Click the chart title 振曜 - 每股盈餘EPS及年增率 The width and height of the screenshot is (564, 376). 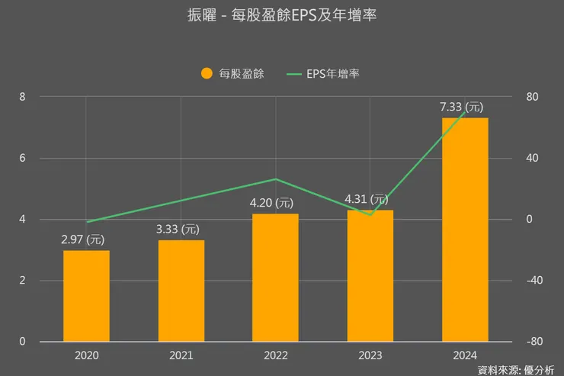pos(281,14)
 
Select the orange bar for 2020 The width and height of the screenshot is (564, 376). pos(86,296)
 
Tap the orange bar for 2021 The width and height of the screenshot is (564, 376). pos(181,291)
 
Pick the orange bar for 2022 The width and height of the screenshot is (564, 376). pos(276,278)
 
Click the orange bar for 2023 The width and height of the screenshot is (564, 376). pos(370,276)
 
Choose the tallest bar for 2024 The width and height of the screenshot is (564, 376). pos(465,230)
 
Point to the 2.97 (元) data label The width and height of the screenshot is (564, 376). pos(83,239)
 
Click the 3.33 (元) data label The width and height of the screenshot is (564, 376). pos(178,229)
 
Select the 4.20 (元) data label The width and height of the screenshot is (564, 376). pos(272,203)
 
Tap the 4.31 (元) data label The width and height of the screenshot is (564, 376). pos(367,199)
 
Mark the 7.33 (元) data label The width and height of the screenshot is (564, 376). pos(461,107)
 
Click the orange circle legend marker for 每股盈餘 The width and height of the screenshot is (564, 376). pos(206,74)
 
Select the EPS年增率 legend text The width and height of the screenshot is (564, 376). pos(333,74)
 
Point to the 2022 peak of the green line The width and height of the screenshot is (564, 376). pos(276,179)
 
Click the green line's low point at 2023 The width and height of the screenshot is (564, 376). pos(370,215)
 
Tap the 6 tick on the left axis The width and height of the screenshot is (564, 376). pos(22,159)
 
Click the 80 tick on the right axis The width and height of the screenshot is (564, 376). pos(532,97)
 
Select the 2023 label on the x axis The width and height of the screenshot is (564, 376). pos(370,355)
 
